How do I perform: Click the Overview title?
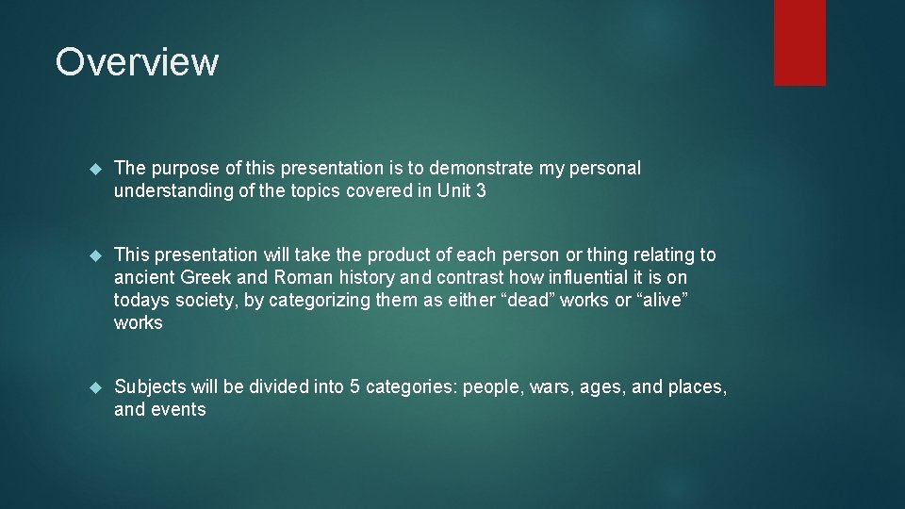click(137, 62)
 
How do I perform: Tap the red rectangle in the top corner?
click(799, 42)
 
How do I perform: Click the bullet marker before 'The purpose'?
click(93, 169)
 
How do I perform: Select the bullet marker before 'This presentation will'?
click(93, 255)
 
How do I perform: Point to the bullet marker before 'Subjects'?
click(93, 387)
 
